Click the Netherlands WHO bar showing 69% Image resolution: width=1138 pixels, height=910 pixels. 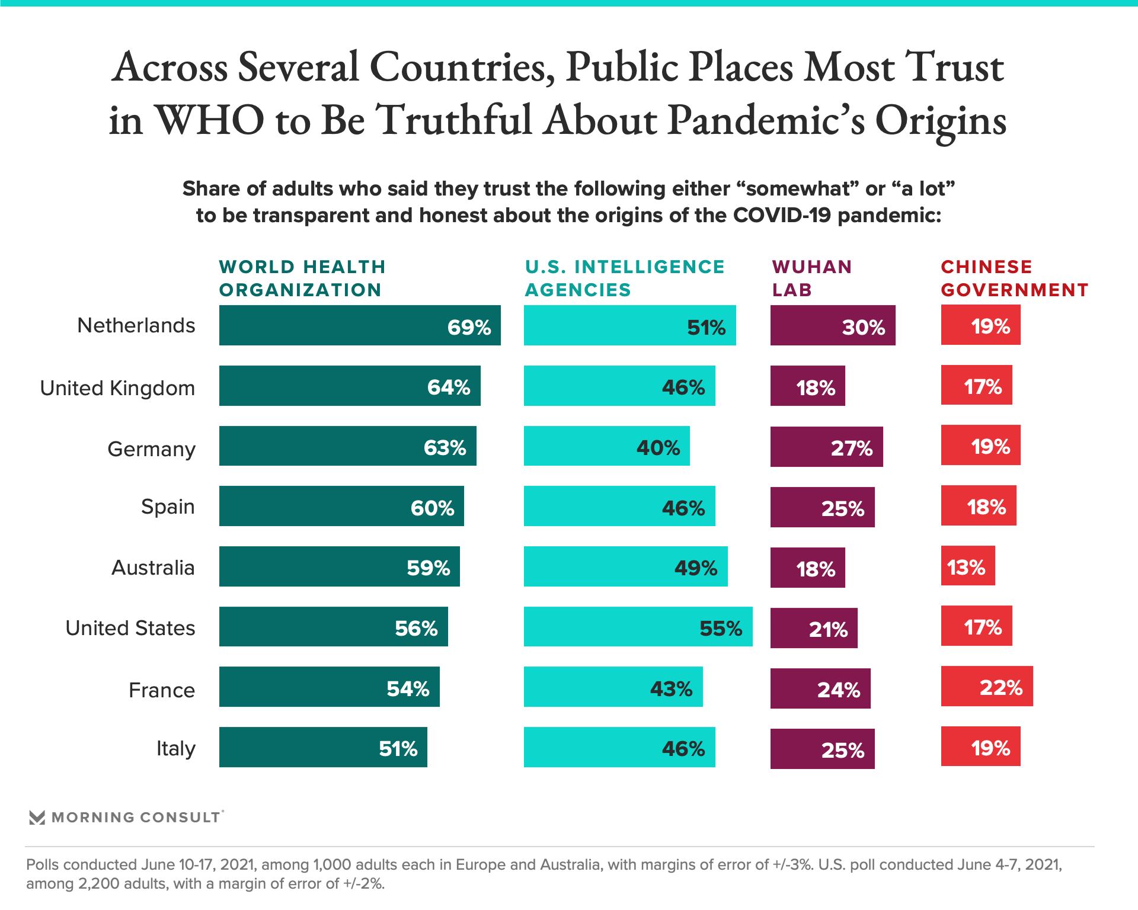(x=360, y=325)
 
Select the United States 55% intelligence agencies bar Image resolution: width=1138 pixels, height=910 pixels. (x=638, y=627)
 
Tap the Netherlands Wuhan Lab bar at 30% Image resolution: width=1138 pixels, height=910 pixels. (x=833, y=325)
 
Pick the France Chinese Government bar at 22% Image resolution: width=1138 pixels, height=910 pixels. (x=987, y=686)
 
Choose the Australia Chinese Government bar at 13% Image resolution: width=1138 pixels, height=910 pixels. (x=968, y=566)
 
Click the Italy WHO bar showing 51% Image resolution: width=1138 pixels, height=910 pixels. (x=323, y=747)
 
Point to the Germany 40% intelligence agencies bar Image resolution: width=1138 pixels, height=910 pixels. (x=606, y=446)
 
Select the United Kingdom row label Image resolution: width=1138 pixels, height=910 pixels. (x=117, y=388)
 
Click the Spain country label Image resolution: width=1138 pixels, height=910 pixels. (x=168, y=507)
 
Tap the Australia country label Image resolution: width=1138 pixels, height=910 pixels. (x=153, y=568)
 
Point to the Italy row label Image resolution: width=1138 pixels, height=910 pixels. (x=175, y=748)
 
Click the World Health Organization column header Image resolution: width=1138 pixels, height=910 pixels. (x=302, y=278)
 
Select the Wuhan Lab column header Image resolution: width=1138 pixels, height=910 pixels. (x=812, y=278)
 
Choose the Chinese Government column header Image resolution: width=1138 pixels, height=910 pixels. (x=1015, y=278)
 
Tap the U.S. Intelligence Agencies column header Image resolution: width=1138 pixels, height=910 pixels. (x=625, y=278)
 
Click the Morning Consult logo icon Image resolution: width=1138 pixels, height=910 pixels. (x=37, y=818)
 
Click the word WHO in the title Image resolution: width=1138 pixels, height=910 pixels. (x=210, y=120)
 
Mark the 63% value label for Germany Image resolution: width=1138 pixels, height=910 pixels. (x=445, y=448)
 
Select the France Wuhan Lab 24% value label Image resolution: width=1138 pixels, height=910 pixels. (x=839, y=690)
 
